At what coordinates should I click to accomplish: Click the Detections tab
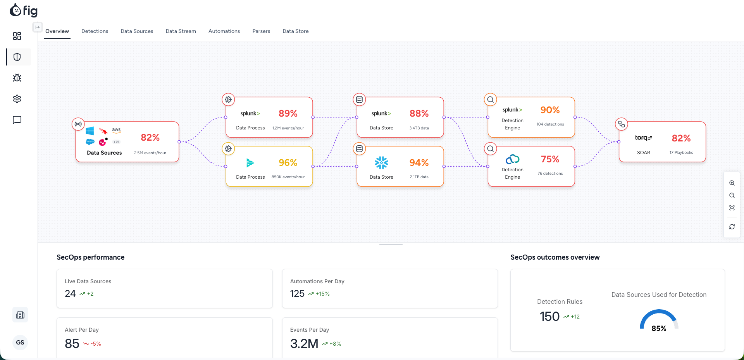95,31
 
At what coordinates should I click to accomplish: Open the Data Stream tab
181,31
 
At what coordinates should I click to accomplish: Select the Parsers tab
261,31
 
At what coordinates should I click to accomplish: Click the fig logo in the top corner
24,10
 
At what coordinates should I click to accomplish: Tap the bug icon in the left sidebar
17,78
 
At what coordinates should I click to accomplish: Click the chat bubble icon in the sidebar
17,120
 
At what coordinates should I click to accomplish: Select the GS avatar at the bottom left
20,343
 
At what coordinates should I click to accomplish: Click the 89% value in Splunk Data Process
288,114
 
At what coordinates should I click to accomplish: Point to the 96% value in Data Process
288,163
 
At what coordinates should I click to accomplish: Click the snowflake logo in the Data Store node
381,163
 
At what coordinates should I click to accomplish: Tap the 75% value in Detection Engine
550,159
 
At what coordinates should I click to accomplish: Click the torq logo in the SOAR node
643,138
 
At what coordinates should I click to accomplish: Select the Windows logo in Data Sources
90,131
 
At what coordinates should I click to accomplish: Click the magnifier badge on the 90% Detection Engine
490,100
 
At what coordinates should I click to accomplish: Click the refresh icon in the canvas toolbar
732,227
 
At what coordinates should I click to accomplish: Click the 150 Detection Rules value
549,317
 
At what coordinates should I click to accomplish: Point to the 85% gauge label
659,329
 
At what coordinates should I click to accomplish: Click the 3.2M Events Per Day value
304,344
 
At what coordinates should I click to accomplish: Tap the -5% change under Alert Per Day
96,344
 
